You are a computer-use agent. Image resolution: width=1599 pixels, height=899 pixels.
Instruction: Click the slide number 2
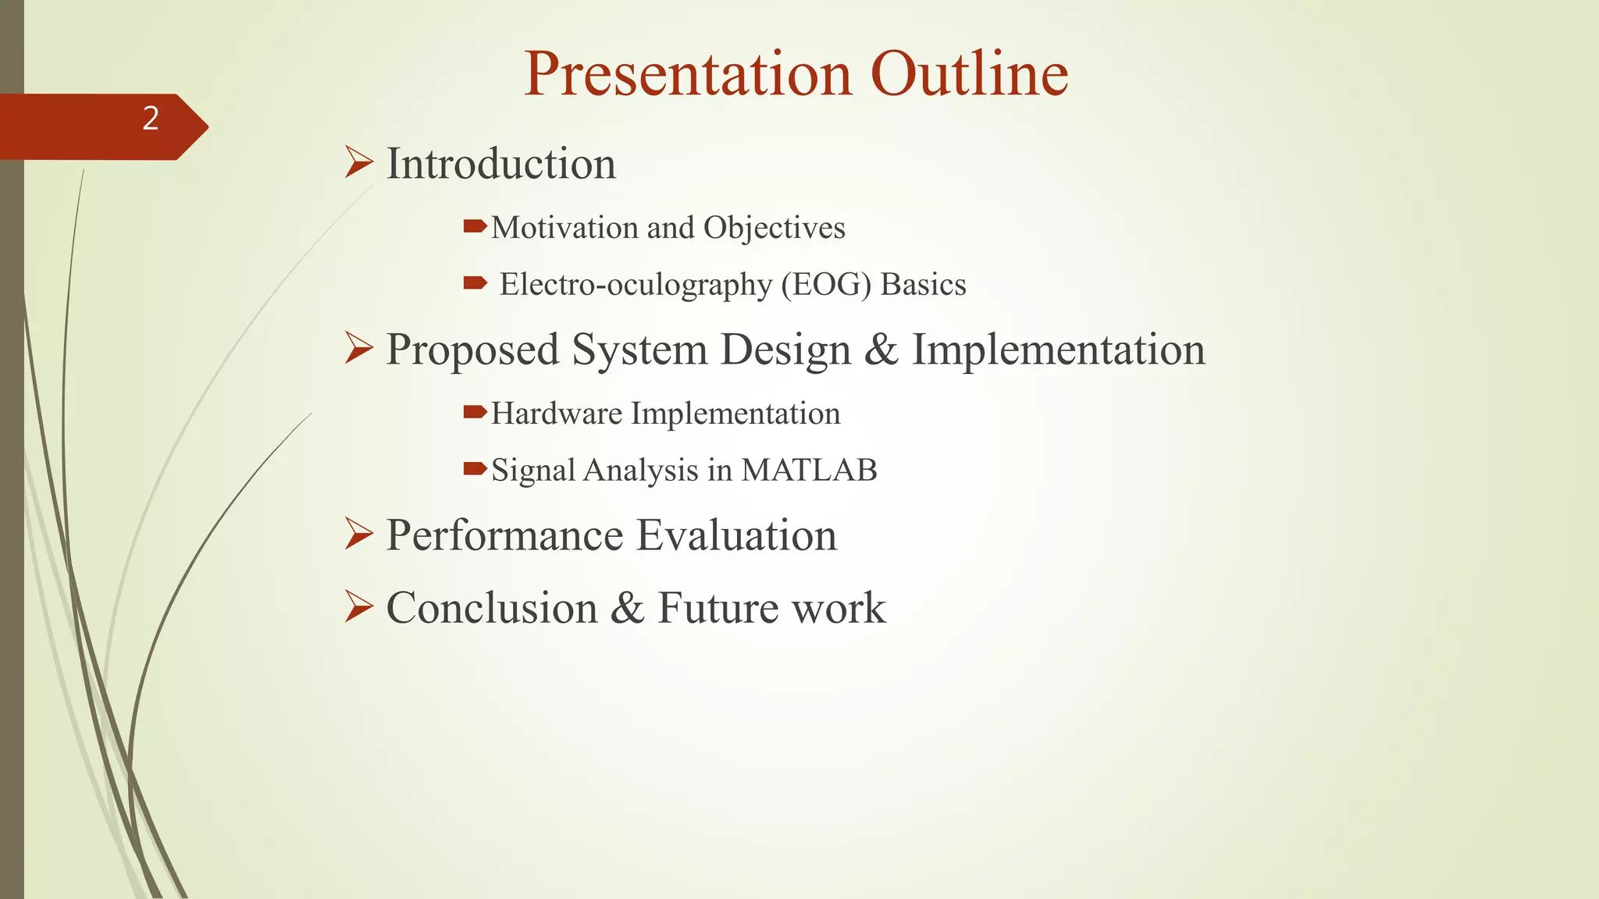(x=151, y=119)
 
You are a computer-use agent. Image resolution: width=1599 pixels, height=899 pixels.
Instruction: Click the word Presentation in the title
(x=688, y=74)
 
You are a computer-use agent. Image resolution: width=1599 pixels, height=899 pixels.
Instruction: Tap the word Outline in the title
(x=969, y=74)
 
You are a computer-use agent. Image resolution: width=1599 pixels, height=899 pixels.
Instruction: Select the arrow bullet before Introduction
(x=358, y=163)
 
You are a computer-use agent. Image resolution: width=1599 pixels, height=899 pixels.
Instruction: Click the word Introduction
(x=500, y=164)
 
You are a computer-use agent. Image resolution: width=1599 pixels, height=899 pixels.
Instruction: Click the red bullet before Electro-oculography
(x=474, y=282)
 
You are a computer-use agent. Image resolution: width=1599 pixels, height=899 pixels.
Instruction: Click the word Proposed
(x=472, y=350)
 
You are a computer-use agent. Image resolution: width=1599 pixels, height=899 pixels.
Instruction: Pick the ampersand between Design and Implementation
(x=881, y=350)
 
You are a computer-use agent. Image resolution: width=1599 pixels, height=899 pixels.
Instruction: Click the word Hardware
(x=556, y=414)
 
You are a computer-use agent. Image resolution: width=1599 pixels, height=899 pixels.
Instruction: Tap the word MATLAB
(x=809, y=471)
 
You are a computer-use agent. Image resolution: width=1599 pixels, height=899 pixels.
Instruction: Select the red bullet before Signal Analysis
(x=474, y=468)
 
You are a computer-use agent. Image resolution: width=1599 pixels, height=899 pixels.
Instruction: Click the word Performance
(x=504, y=535)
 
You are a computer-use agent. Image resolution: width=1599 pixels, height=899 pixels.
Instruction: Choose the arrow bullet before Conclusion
(x=358, y=606)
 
